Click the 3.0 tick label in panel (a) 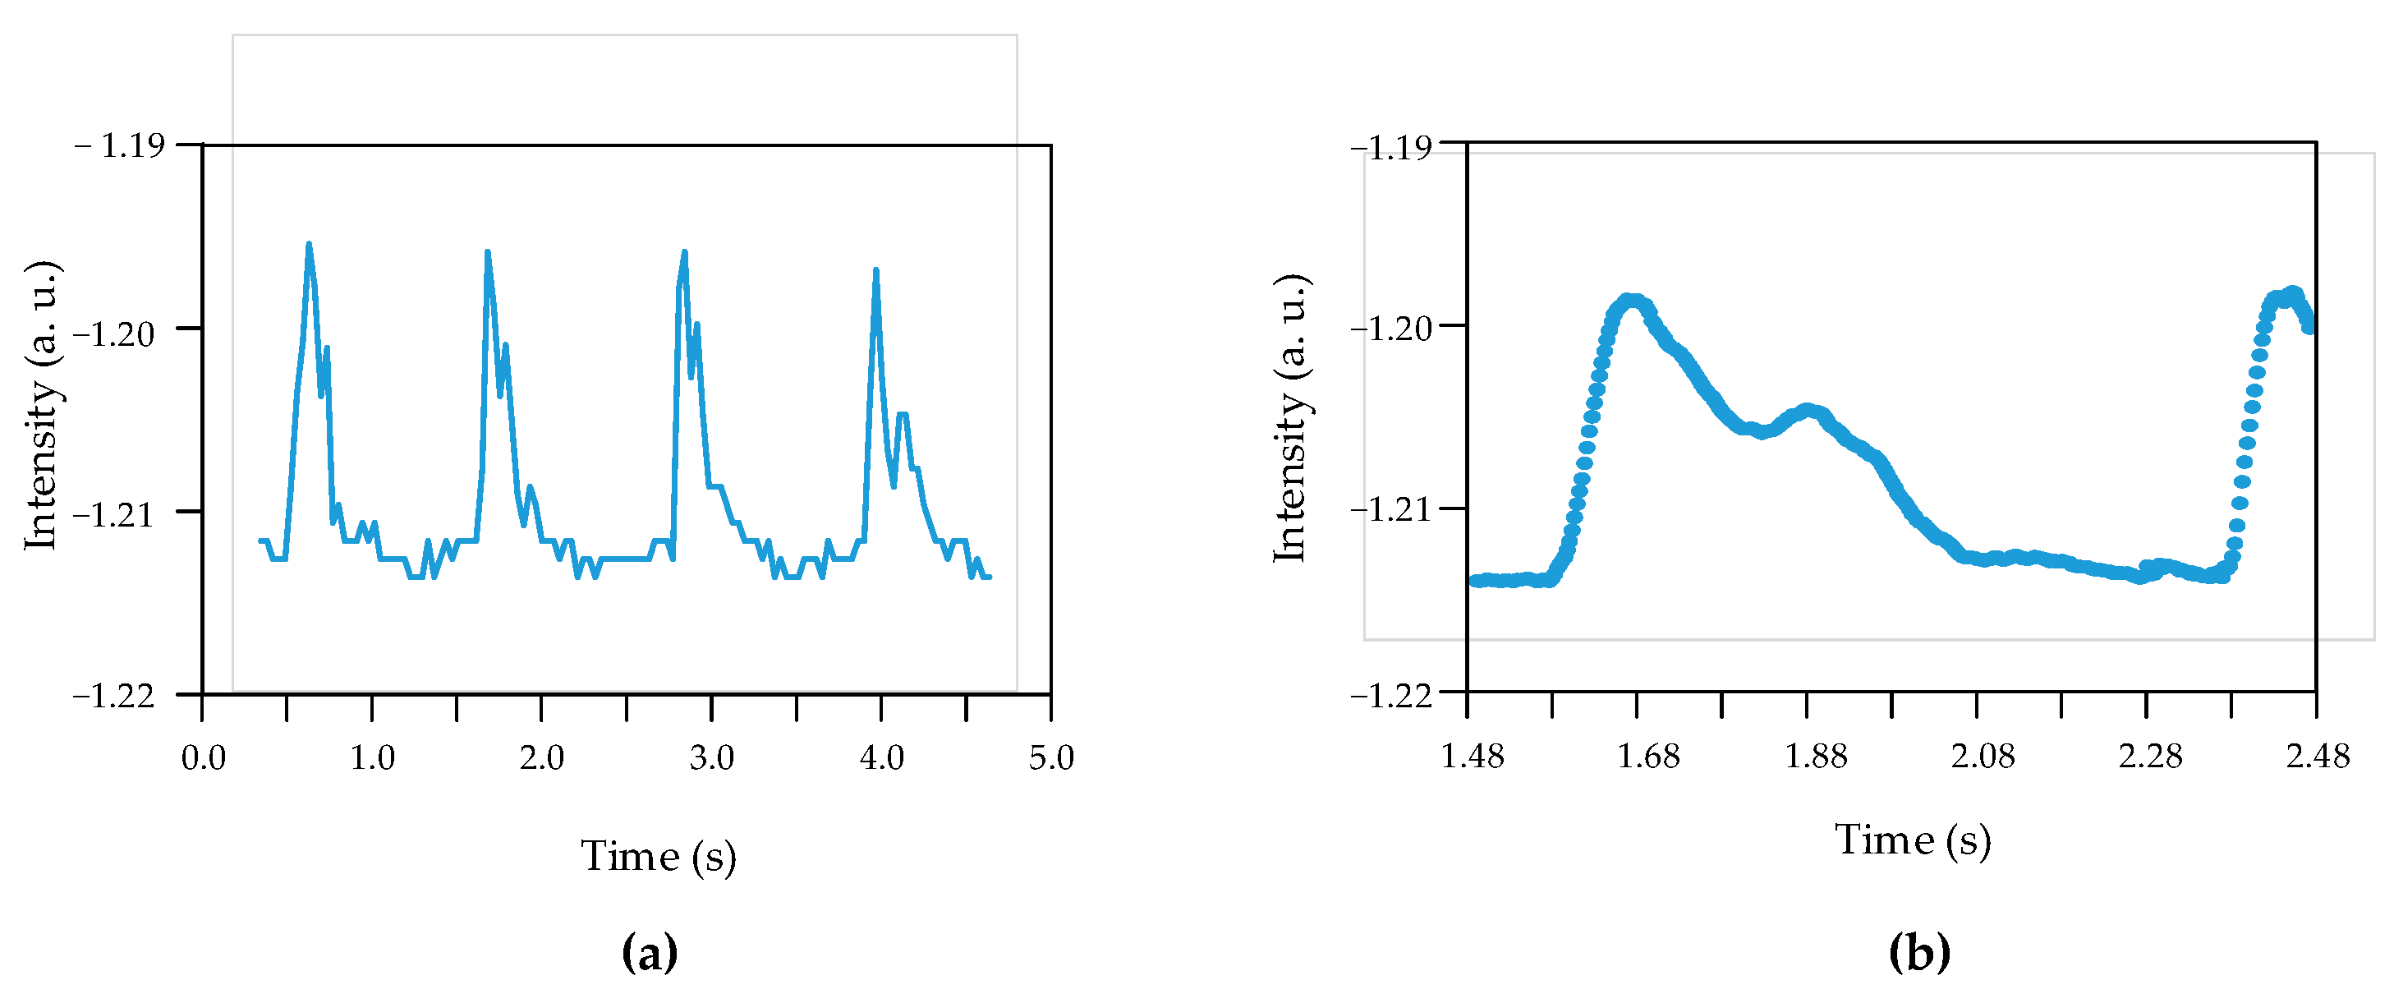(711, 757)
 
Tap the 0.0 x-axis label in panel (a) (202, 757)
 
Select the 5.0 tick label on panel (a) (1051, 757)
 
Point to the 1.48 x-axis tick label (1472, 756)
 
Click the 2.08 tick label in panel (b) (1983, 756)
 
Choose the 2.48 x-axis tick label (2318, 756)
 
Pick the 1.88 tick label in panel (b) (1815, 756)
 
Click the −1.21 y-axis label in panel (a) (114, 514)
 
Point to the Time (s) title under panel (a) (659, 856)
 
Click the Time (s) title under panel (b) (1913, 840)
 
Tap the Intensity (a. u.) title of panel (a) (42, 405)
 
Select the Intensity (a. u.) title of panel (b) (1292, 417)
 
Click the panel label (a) (650, 953)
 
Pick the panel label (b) (1918, 953)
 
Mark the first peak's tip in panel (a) (309, 245)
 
